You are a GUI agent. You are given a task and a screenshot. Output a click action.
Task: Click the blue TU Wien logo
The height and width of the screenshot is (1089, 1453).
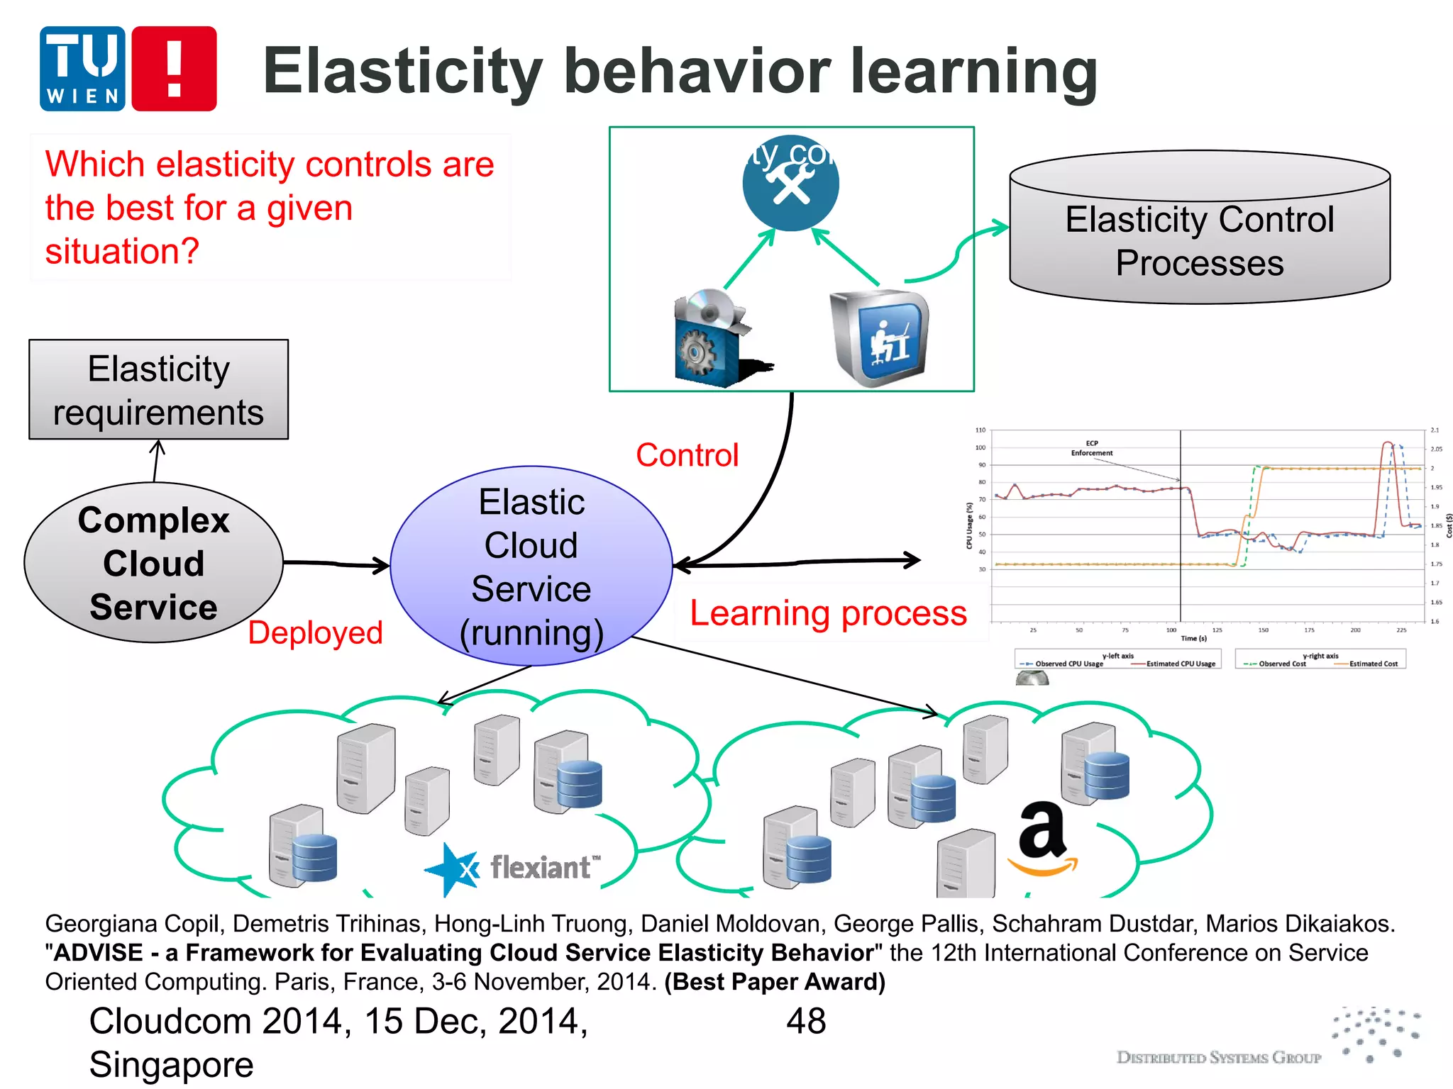pos(82,69)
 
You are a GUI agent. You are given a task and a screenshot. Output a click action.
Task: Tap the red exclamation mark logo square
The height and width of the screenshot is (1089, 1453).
pos(174,69)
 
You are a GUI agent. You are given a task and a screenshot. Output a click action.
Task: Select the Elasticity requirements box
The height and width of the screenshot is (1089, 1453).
pos(158,390)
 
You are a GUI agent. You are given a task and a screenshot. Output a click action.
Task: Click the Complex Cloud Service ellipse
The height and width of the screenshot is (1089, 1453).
pos(153,563)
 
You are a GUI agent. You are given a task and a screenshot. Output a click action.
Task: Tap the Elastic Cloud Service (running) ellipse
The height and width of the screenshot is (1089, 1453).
pos(531,566)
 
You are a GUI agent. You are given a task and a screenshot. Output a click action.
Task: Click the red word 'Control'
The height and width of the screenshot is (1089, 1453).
pos(687,455)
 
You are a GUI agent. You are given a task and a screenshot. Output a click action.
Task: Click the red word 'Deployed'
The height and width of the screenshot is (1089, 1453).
pos(315,632)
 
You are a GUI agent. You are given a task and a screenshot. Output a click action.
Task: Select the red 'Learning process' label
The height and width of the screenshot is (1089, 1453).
pos(828,613)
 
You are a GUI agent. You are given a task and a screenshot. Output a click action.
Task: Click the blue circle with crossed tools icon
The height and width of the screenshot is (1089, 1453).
pos(790,183)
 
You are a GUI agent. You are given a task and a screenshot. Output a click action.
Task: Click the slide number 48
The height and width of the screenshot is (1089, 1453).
pos(805,1022)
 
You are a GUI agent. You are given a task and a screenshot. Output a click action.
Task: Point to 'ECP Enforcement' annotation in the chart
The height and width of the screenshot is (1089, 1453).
pos(1091,448)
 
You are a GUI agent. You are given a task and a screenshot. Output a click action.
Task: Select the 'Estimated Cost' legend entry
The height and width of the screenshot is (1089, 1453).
pos(1373,664)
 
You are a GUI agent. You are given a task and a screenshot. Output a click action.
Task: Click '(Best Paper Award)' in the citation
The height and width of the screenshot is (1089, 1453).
pos(775,982)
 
